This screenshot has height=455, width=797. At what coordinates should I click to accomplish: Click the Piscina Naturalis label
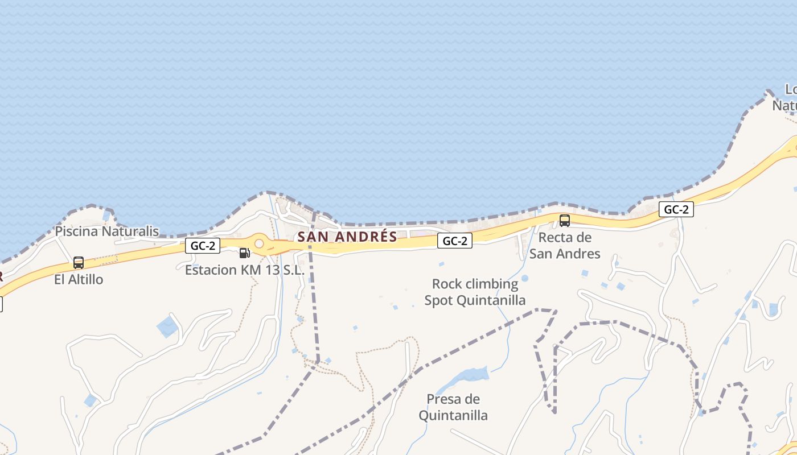click(106, 231)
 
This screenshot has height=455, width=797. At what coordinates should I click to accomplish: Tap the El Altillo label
click(79, 279)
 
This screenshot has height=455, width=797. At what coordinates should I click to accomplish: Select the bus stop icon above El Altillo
click(79, 263)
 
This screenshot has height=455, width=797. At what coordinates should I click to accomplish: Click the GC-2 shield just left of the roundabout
click(203, 246)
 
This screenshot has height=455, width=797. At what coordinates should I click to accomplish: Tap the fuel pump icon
click(244, 253)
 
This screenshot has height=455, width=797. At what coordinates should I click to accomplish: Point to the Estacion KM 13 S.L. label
click(245, 270)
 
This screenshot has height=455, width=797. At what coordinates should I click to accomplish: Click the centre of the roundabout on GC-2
click(260, 244)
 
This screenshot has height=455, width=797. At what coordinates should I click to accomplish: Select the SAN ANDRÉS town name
click(347, 237)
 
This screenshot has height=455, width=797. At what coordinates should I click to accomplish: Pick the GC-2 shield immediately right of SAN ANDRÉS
click(455, 241)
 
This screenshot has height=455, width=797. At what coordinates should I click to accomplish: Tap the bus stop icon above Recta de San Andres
click(565, 221)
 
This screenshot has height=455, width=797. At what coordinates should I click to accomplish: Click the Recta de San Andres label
click(565, 246)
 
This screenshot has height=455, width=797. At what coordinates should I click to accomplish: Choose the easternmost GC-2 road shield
click(676, 209)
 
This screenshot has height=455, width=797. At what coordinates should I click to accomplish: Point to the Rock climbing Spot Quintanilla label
click(475, 292)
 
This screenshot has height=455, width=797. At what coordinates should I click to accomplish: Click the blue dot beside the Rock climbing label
click(525, 278)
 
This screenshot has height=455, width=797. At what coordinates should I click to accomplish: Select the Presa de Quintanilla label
click(453, 407)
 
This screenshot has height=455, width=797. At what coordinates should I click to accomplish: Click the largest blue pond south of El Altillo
click(167, 327)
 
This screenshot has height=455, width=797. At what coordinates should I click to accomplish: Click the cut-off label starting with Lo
click(788, 97)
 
